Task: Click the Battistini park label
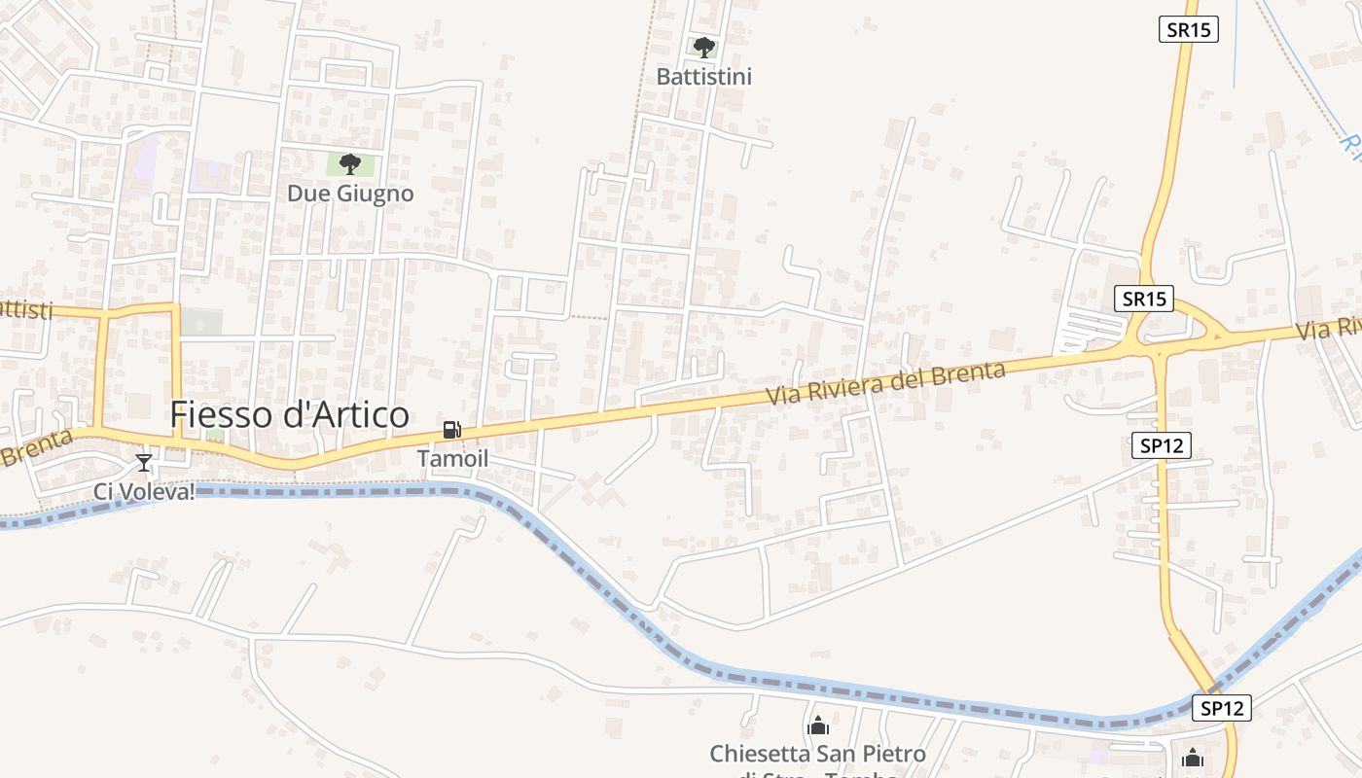pyautogui.click(x=703, y=76)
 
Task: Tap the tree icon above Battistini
pyautogui.click(x=703, y=47)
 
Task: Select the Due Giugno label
pyautogui.click(x=350, y=194)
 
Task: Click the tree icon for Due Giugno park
pyautogui.click(x=350, y=164)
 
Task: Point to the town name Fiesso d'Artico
pyautogui.click(x=289, y=414)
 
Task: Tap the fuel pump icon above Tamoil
pyautogui.click(x=451, y=430)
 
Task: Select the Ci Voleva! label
pyautogui.click(x=144, y=491)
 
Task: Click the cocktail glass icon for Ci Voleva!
pyautogui.click(x=144, y=463)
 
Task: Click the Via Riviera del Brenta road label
pyautogui.click(x=885, y=383)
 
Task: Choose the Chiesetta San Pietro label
pyautogui.click(x=817, y=754)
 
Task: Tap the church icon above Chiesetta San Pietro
pyautogui.click(x=818, y=725)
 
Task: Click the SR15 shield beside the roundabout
pyautogui.click(x=1144, y=299)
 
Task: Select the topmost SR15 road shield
pyautogui.click(x=1189, y=29)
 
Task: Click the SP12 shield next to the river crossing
pyautogui.click(x=1222, y=708)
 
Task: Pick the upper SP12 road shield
pyautogui.click(x=1162, y=445)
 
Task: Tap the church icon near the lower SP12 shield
pyautogui.click(x=1193, y=757)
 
